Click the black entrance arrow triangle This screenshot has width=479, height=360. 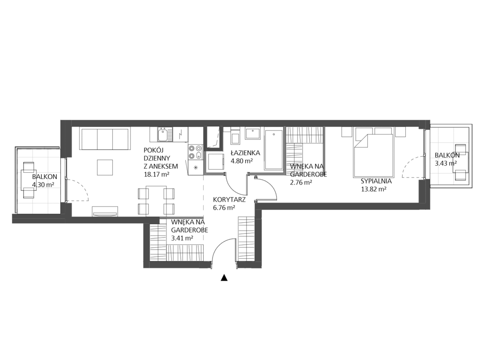(x=224, y=278)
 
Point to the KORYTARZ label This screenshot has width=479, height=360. (x=229, y=199)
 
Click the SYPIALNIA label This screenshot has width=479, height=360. (x=376, y=181)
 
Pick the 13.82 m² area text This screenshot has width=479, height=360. (x=374, y=189)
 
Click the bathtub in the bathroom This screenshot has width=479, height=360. (x=273, y=150)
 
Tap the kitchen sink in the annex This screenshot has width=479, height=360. (x=164, y=134)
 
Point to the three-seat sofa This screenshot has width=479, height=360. (x=104, y=139)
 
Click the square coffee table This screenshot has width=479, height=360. (x=106, y=167)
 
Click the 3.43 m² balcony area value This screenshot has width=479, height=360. (x=447, y=163)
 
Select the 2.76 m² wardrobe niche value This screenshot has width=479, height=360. (x=301, y=182)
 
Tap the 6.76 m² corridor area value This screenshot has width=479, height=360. (x=224, y=207)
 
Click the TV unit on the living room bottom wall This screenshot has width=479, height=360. (x=105, y=211)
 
